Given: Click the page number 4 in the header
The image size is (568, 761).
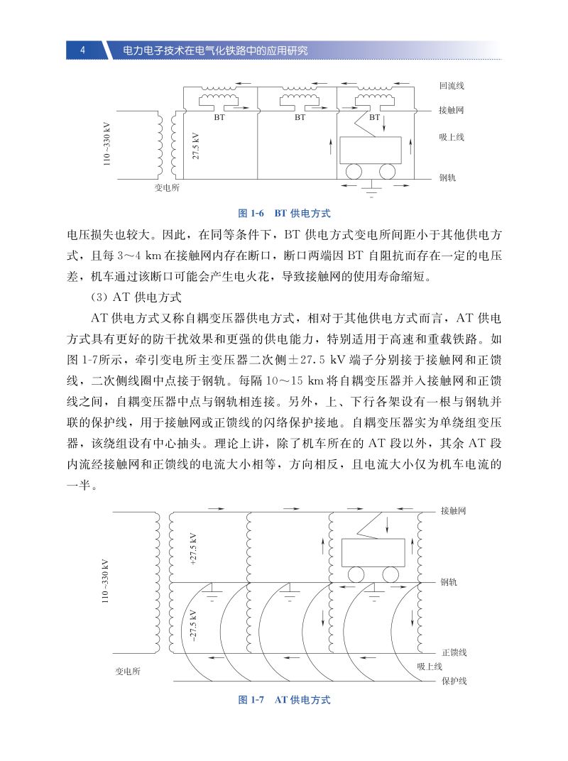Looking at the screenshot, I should pos(83,50).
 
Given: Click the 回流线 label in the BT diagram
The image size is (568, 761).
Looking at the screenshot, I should pos(452,86).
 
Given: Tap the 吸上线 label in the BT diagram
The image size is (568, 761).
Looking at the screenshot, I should pos(452,137).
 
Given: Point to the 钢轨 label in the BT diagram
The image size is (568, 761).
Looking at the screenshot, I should pos(447,177).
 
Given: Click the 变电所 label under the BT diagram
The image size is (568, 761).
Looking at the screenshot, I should pos(167,188).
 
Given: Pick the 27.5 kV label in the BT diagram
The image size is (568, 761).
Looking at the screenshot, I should pos(196,146).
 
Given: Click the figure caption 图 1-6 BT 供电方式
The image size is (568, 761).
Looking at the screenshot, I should pos(284,213).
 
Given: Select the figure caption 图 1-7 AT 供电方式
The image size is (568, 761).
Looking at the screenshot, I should pos(284,700).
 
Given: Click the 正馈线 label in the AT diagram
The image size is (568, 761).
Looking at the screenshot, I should pos(454,652).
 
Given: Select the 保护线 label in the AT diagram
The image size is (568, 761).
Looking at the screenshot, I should pos(454,681).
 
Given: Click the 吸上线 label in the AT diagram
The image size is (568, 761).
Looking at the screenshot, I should pos(430,666).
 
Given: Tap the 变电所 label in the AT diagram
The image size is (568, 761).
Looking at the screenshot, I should pos(128,671).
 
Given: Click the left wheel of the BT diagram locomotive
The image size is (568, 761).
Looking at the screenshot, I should pos(353,171).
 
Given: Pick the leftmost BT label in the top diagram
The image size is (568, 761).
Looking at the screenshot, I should pos(219,118).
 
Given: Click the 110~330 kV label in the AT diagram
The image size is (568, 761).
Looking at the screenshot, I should pos(107,581).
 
